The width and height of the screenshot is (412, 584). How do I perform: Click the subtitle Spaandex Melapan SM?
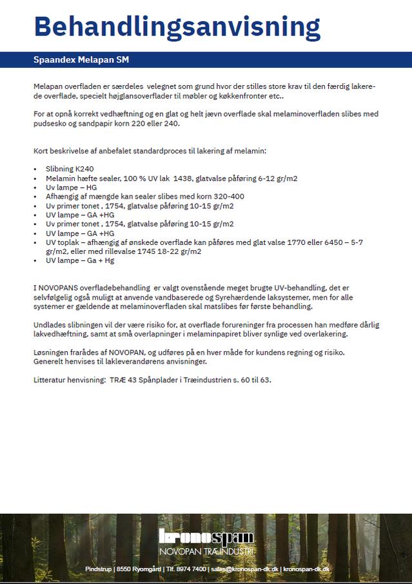tap(81, 60)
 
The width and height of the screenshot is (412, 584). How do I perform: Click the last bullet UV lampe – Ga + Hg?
tap(80, 260)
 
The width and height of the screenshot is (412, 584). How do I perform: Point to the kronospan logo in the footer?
tap(206, 538)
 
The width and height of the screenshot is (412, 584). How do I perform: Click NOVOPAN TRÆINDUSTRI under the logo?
tap(206, 552)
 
